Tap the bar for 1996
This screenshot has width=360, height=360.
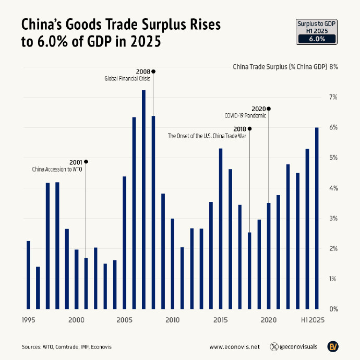[38, 287]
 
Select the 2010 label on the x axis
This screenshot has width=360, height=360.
[173, 320]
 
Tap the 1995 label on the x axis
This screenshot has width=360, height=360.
[29, 320]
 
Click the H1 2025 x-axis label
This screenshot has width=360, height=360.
[313, 320]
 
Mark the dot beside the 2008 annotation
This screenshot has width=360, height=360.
[153, 71]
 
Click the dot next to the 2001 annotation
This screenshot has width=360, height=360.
[86, 162]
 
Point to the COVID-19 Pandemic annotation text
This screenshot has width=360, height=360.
[245, 116]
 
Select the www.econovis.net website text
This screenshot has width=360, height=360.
[234, 346]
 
